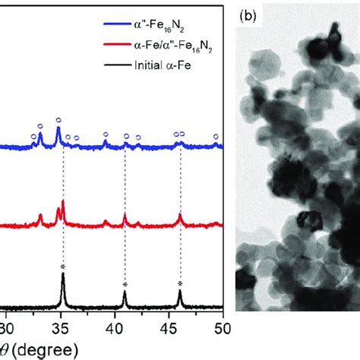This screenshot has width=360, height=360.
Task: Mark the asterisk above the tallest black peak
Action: [x=63, y=267]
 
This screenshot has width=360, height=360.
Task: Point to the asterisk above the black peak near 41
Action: [x=125, y=284]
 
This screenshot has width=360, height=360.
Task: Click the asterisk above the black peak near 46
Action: [x=180, y=284]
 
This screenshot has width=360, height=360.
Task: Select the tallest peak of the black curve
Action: [x=63, y=275]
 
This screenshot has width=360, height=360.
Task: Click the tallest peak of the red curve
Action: [x=63, y=201]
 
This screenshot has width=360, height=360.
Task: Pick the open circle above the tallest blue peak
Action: [x=58, y=120]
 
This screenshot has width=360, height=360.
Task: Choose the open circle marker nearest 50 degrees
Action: [x=216, y=137]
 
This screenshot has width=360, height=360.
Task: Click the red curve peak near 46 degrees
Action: [x=180, y=216]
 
